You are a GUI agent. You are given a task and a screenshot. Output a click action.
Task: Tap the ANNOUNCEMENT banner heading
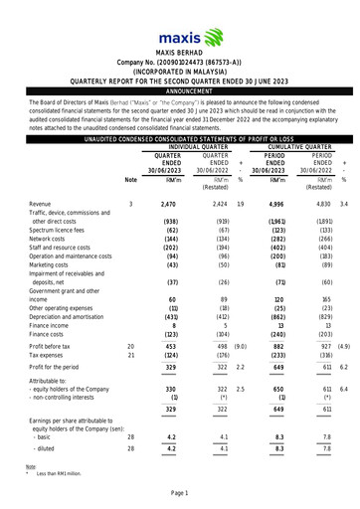(x=179, y=87)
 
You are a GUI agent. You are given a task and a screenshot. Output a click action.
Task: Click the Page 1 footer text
(x=179, y=494)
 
